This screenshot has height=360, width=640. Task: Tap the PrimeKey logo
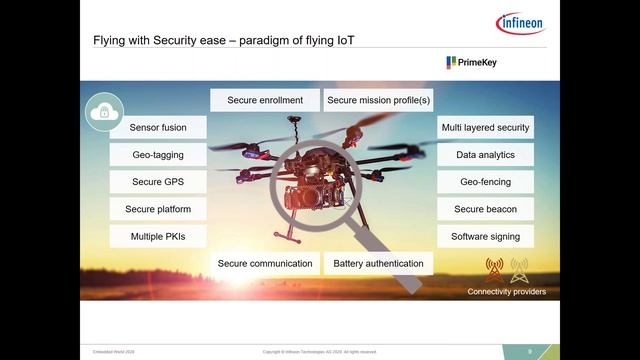[472, 62]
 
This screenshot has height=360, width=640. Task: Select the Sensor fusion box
[158, 128]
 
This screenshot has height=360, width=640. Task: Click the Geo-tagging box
[158, 155]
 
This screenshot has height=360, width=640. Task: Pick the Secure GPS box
[158, 182]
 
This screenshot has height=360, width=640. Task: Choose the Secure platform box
[158, 209]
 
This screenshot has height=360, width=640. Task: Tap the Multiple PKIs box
[158, 237]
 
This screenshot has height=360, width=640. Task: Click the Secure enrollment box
[265, 100]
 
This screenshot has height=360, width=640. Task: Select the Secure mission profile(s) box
[379, 100]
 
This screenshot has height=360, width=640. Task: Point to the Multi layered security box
[485, 128]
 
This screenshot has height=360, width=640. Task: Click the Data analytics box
[485, 155]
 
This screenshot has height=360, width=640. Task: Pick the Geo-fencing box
[485, 182]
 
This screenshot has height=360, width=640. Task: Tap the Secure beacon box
[485, 209]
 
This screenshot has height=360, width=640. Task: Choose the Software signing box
[485, 237]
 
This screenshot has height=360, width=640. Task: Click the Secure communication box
[265, 264]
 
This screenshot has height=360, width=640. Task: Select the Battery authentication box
[379, 264]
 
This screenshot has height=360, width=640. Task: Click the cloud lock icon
[104, 112]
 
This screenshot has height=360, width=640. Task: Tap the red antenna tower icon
[494, 270]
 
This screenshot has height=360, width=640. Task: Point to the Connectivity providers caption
[507, 292]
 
